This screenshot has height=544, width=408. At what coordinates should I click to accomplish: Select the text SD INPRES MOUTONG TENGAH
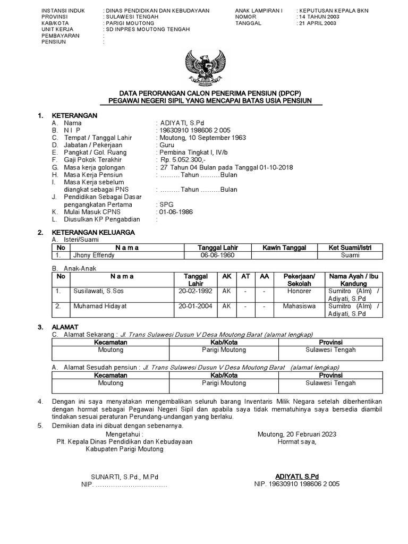pos(147,29)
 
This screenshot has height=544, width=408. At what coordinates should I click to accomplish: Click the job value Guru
pos(166,145)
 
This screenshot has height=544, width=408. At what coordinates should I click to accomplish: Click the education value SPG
pos(166,204)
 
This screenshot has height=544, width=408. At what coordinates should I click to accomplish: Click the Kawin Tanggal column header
pos(284,248)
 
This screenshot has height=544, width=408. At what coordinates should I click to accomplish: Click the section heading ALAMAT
pos(65,327)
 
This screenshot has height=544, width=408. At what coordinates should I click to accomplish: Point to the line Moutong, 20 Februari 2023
pos(297,434)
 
